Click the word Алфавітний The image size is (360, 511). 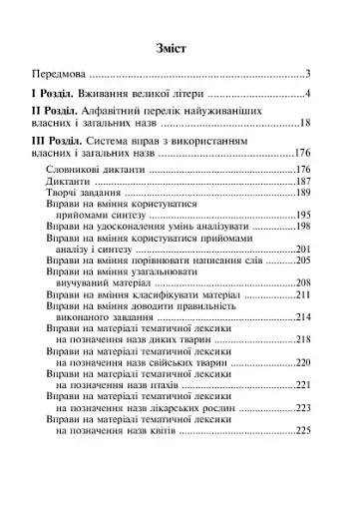(125, 111)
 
